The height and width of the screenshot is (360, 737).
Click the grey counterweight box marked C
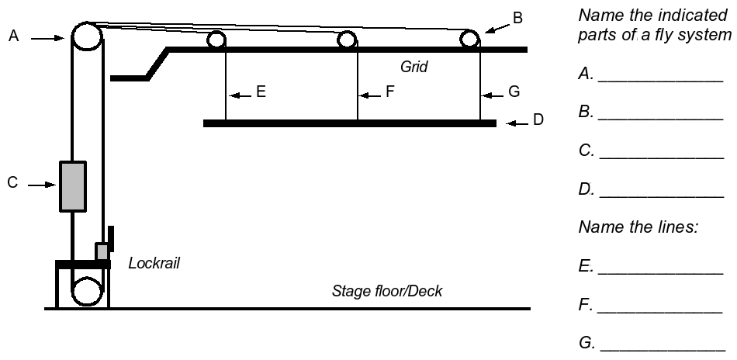click(x=73, y=185)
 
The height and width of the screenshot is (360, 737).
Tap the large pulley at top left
click(x=86, y=37)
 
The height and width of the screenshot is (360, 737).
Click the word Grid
click(x=414, y=67)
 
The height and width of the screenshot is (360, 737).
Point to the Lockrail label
click(x=154, y=265)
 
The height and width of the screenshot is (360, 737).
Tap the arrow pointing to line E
click(x=241, y=94)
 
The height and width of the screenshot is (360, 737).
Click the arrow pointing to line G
click(x=494, y=94)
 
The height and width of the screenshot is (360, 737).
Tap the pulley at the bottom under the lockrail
click(x=86, y=293)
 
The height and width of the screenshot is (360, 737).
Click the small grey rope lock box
click(x=102, y=251)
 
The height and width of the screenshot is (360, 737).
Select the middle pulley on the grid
click(x=347, y=39)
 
